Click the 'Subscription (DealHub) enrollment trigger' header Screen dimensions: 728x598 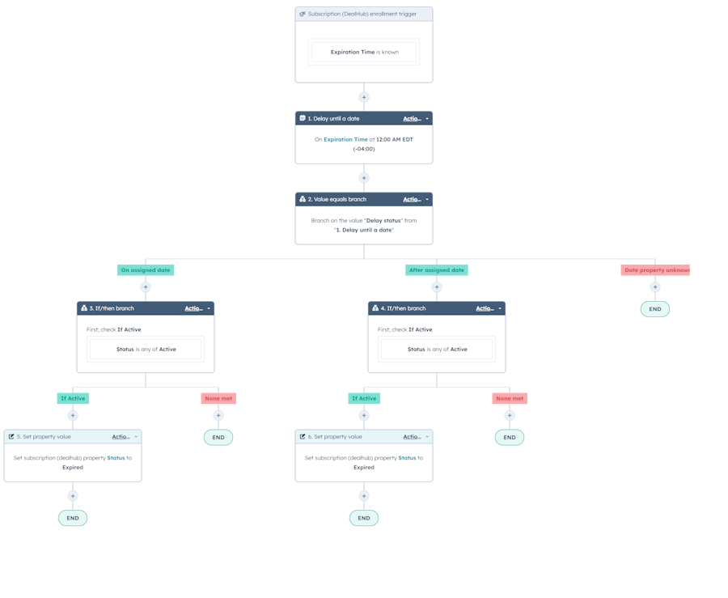click(x=363, y=14)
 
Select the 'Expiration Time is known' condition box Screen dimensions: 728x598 click(x=364, y=52)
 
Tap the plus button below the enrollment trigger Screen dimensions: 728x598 click(x=364, y=97)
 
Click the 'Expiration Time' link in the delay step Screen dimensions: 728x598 click(x=345, y=139)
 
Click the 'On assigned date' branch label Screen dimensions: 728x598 click(x=146, y=270)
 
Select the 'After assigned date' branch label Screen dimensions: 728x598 click(x=437, y=270)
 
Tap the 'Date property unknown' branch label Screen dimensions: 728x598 click(x=655, y=270)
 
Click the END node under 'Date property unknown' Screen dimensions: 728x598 click(x=655, y=309)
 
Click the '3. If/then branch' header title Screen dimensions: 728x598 click(x=112, y=308)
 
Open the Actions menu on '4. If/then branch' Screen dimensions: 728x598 click(x=489, y=308)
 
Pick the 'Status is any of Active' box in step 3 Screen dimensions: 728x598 click(x=146, y=349)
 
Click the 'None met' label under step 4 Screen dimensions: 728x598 click(x=510, y=398)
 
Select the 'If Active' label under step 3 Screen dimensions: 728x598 click(x=73, y=398)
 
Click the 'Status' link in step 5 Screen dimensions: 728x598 click(x=116, y=458)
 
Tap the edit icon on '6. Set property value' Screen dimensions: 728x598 click(x=303, y=436)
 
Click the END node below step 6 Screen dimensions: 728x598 click(x=364, y=518)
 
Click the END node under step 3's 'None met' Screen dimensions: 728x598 click(x=218, y=437)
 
